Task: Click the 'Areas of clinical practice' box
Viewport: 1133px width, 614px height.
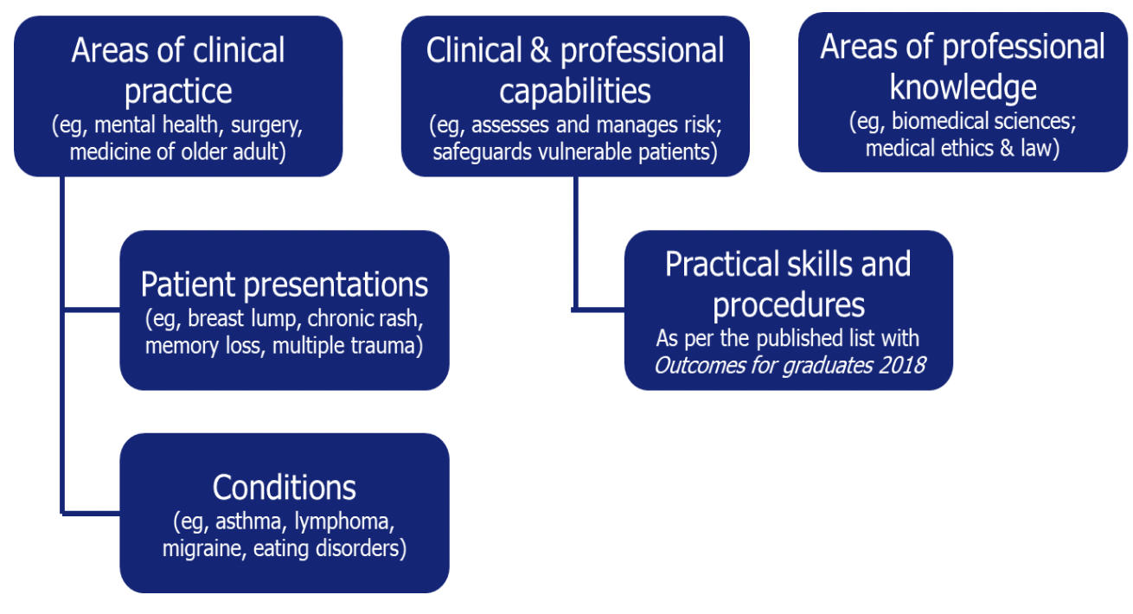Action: click(x=178, y=96)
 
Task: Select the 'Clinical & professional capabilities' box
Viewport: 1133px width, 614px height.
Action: click(x=575, y=96)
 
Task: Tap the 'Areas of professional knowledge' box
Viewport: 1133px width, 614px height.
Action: click(x=963, y=92)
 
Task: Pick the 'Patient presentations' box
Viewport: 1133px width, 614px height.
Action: click(x=285, y=310)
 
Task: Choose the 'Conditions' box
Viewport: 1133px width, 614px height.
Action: click(x=285, y=513)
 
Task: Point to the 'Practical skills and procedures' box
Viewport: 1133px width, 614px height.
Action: click(x=789, y=310)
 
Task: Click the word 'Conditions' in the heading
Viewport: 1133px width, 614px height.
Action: click(x=285, y=488)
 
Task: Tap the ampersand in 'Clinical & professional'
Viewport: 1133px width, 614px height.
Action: click(x=541, y=50)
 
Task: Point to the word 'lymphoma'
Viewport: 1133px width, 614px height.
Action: click(x=344, y=522)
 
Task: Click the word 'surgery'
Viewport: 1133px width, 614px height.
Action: click(x=266, y=125)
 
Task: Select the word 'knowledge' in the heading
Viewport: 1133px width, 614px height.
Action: click(x=963, y=87)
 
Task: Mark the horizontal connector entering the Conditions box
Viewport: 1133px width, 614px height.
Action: click(x=91, y=514)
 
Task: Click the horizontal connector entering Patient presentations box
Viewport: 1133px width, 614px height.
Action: click(x=91, y=310)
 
